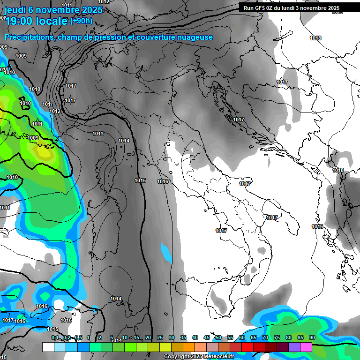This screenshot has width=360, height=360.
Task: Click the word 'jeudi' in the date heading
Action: (x=15, y=9)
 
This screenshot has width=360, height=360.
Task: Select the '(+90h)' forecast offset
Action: (x=81, y=21)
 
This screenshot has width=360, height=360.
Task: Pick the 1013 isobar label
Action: (x=98, y=134)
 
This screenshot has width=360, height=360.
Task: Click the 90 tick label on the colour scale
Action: (x=312, y=337)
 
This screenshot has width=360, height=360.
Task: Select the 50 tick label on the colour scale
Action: (x=218, y=337)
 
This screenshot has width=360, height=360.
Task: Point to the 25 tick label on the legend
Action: (x=160, y=337)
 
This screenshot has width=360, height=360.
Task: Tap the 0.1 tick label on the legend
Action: (x=55, y=337)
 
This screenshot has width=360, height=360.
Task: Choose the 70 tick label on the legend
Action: (x=265, y=337)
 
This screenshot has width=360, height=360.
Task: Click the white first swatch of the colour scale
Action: (x=48, y=347)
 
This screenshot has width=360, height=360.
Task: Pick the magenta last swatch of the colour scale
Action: (x=306, y=347)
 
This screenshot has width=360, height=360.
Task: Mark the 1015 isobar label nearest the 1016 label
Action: (x=140, y=180)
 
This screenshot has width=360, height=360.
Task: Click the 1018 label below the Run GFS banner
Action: (x=315, y=38)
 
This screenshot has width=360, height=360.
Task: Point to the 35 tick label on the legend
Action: (x=183, y=337)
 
